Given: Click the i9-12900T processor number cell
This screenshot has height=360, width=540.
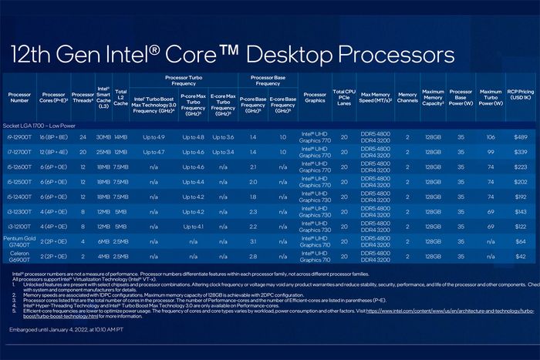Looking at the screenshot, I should (x=19, y=136).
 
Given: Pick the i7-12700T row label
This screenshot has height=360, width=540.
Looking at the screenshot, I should (x=19, y=152).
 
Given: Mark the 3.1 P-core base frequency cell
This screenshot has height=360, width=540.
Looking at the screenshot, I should (x=253, y=241).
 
